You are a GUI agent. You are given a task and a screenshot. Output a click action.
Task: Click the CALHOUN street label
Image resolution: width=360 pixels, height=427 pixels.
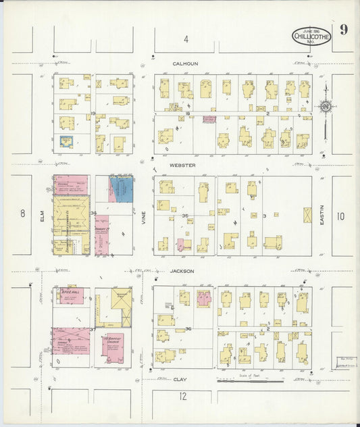coord(185,64)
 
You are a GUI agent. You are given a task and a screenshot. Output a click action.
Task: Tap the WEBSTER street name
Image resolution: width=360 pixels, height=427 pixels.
coord(182,165)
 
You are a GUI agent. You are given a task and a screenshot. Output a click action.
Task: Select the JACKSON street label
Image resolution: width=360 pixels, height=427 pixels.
coord(182,271)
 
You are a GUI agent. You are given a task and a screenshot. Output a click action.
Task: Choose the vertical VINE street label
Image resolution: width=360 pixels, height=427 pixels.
coord(144,215)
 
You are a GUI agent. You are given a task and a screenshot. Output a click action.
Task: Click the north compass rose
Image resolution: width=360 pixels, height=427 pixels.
coord(325,106)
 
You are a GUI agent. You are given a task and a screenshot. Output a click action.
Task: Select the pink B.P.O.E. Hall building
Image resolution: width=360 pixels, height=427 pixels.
coord(70,295)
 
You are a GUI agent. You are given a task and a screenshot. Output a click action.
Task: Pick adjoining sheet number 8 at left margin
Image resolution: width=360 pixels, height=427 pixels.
coord(22,214)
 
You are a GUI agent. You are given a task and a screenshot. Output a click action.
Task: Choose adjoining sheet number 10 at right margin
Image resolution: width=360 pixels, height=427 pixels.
coord(340,216)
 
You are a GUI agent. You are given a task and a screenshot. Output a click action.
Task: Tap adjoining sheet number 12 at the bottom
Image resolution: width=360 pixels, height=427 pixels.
coord(182,397)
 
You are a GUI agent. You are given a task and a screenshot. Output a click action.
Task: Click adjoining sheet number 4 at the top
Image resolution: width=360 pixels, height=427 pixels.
coord(186,39)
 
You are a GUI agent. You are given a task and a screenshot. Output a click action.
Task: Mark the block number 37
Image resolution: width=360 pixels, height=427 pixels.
coord(92,329)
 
